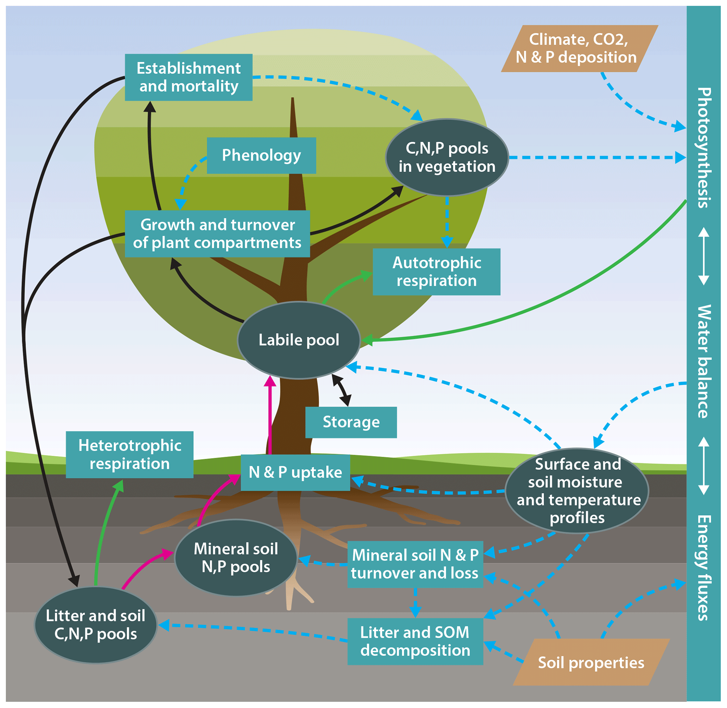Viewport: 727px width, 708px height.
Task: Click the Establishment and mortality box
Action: tap(189, 77)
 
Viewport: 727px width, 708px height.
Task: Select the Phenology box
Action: tap(261, 155)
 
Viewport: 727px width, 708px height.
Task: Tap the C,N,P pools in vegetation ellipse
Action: tap(447, 157)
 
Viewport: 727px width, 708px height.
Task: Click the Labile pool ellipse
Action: tap(299, 340)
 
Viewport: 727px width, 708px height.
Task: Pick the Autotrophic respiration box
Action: tap(436, 272)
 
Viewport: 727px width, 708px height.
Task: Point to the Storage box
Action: tap(351, 422)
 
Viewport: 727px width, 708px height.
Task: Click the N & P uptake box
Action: tap(295, 472)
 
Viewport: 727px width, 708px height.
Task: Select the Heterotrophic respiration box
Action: tap(129, 454)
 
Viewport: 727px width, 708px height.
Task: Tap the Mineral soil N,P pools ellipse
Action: tap(236, 558)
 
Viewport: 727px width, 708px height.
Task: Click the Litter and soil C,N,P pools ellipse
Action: tap(95, 625)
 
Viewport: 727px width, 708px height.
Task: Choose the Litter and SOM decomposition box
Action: tap(415, 642)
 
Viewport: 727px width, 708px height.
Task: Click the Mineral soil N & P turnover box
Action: tap(415, 564)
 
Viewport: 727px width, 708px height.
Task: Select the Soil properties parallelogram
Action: tap(591, 662)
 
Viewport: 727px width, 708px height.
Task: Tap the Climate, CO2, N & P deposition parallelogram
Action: tap(579, 48)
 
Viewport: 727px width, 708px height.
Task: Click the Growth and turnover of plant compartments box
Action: tap(217, 234)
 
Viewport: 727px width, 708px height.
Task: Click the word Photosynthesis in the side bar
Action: tap(703, 148)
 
